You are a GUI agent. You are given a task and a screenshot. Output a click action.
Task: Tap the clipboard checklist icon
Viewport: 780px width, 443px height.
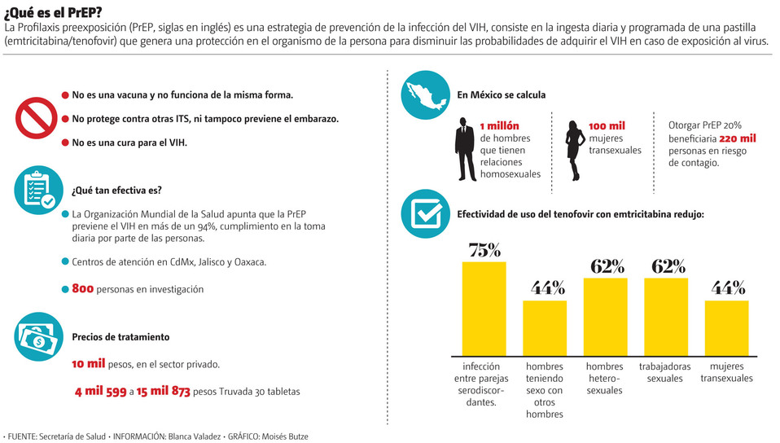click(x=35, y=192)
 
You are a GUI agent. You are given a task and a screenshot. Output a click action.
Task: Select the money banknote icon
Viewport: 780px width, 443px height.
click(x=35, y=337)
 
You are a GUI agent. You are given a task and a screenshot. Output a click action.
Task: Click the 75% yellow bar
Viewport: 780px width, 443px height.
click(x=484, y=308)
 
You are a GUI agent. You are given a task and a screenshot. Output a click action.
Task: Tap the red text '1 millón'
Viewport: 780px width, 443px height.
click(x=499, y=125)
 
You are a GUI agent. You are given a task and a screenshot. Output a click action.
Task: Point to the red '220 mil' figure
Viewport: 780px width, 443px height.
click(x=738, y=138)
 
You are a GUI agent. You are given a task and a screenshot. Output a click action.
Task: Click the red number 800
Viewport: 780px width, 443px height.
click(x=83, y=288)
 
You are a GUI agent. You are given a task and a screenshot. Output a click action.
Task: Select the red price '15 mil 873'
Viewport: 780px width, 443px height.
click(x=164, y=391)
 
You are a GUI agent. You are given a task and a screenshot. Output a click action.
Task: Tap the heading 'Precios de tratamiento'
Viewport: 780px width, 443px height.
click(x=121, y=336)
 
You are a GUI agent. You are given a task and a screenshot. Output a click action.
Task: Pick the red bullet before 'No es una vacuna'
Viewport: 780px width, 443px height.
click(x=65, y=95)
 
